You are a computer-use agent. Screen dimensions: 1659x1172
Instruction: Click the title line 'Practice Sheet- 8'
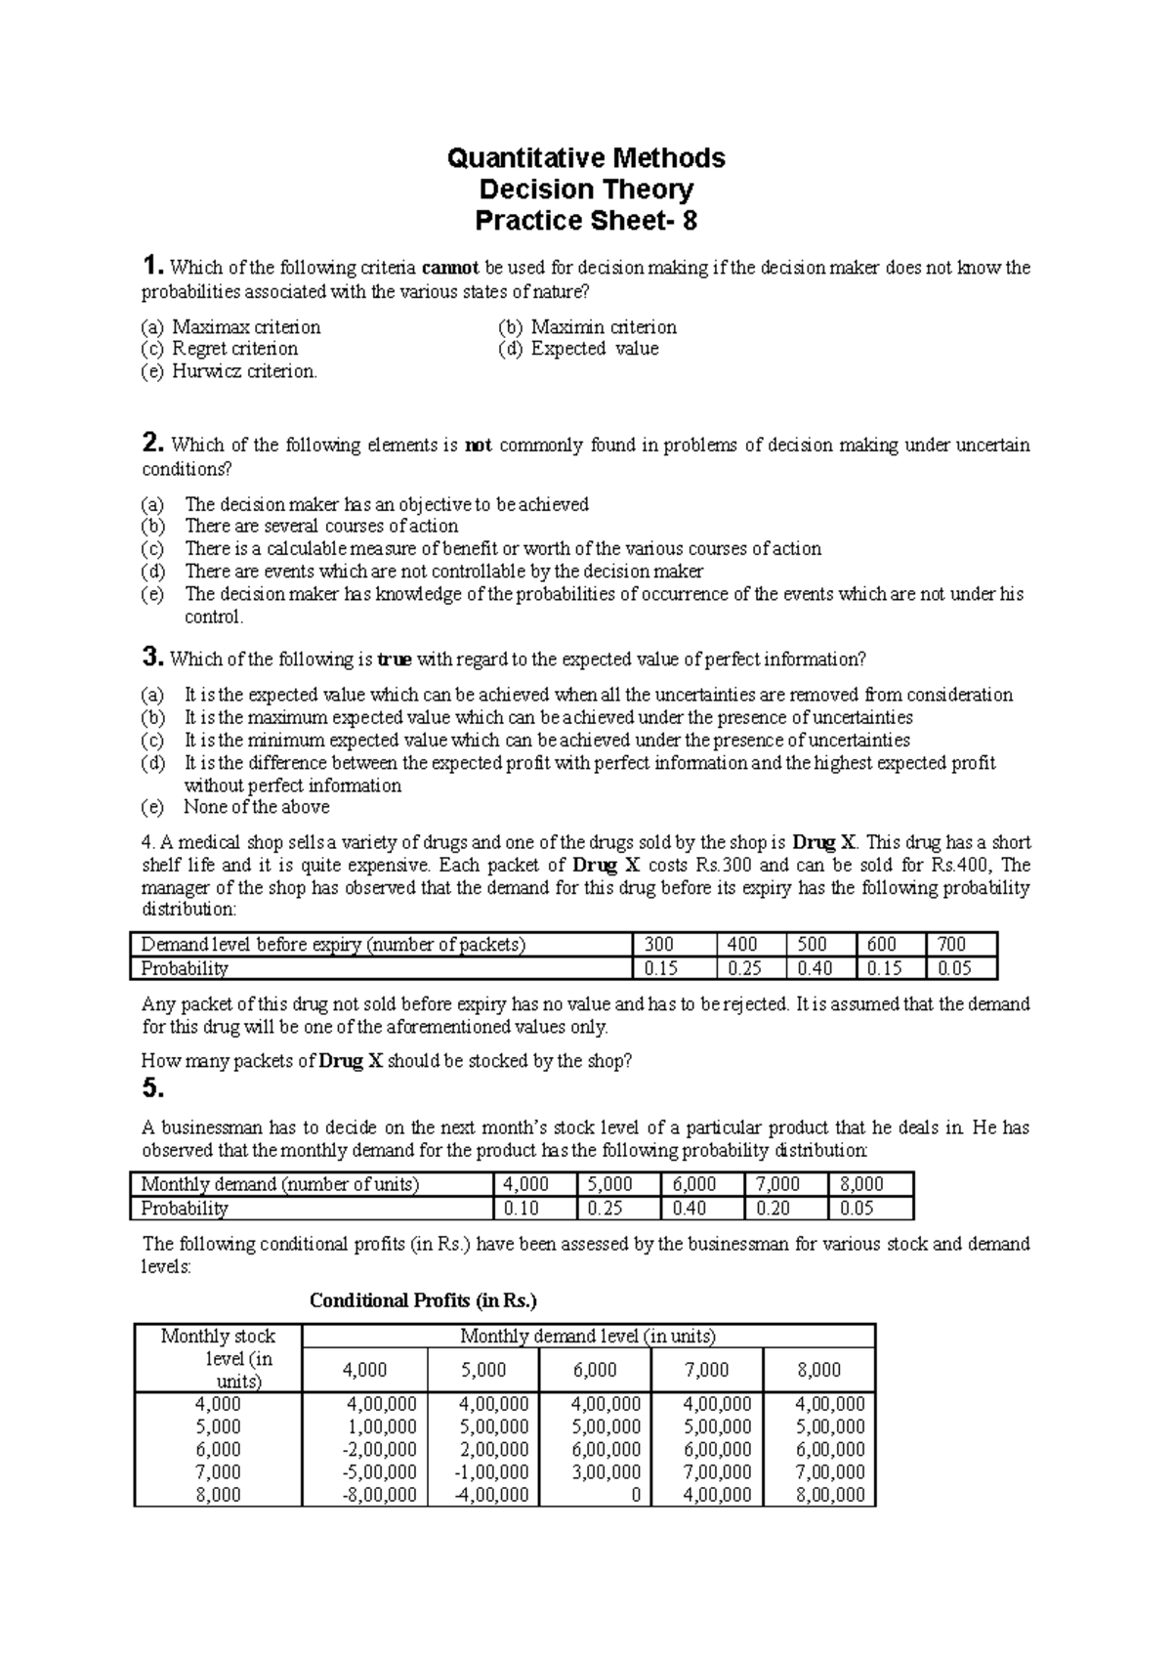point(585,221)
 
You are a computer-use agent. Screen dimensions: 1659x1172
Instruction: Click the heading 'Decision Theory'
point(585,190)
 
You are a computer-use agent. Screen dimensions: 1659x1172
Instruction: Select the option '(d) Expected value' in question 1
point(578,349)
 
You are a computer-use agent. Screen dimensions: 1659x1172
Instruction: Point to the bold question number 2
point(151,445)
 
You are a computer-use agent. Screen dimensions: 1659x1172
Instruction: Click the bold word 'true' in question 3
point(394,659)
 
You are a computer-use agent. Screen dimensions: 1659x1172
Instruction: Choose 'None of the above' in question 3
point(256,807)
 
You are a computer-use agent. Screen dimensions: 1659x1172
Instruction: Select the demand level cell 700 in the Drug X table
point(951,945)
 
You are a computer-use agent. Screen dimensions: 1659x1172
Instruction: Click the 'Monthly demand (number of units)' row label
point(280,1184)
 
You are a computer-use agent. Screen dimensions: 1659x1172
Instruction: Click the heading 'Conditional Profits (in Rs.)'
point(423,1300)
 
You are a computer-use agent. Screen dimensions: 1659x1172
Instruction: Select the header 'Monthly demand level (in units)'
point(588,1336)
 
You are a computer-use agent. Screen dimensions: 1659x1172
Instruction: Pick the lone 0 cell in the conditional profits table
point(635,1494)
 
